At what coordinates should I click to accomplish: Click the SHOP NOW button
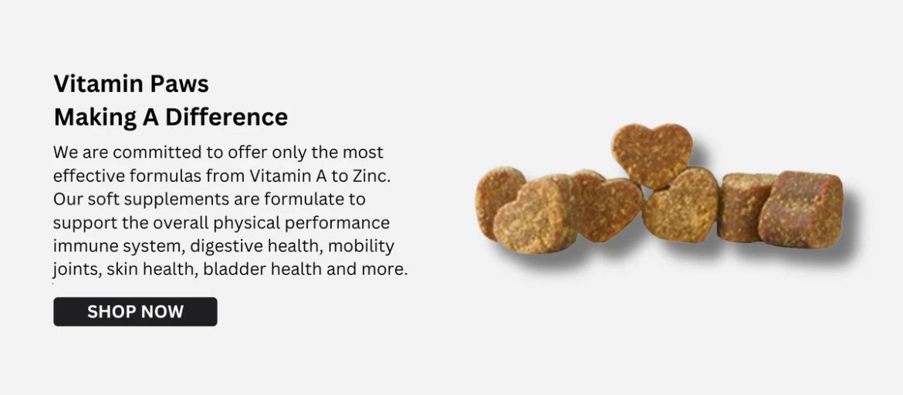click(x=135, y=312)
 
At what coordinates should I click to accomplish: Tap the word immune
click(x=81, y=246)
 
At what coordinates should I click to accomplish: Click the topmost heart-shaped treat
click(x=652, y=155)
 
